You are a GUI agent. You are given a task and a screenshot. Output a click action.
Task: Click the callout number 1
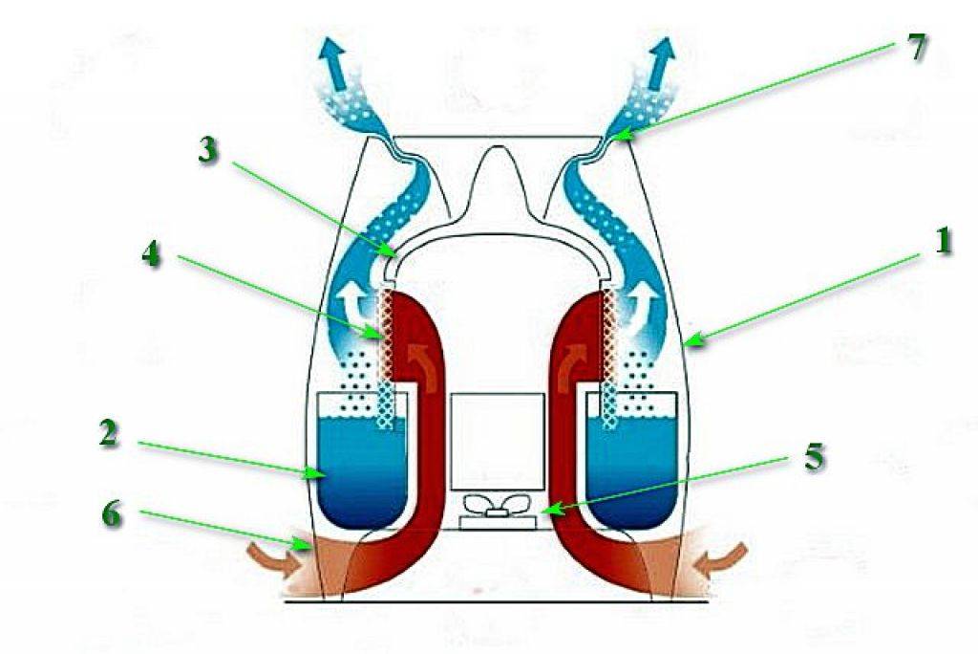point(943,241)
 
